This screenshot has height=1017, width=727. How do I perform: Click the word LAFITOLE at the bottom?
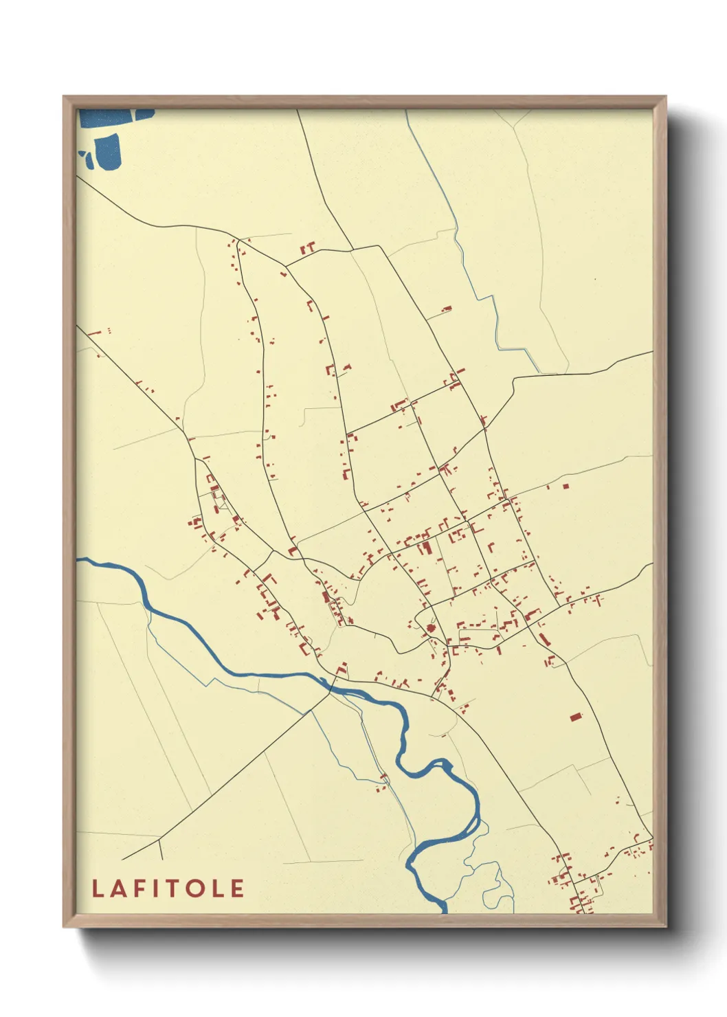click(168, 889)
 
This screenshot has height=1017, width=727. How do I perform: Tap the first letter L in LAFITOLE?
click(98, 889)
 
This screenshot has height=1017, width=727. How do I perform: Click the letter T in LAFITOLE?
click(175, 889)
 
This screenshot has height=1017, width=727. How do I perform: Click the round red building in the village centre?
click(431, 627)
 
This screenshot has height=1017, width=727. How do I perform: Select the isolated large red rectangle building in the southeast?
click(576, 717)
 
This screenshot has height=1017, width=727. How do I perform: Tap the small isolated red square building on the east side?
click(566, 486)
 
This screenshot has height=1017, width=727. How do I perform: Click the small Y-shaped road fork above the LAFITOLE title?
click(160, 840)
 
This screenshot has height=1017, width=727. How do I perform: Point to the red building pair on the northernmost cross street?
click(308, 247)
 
